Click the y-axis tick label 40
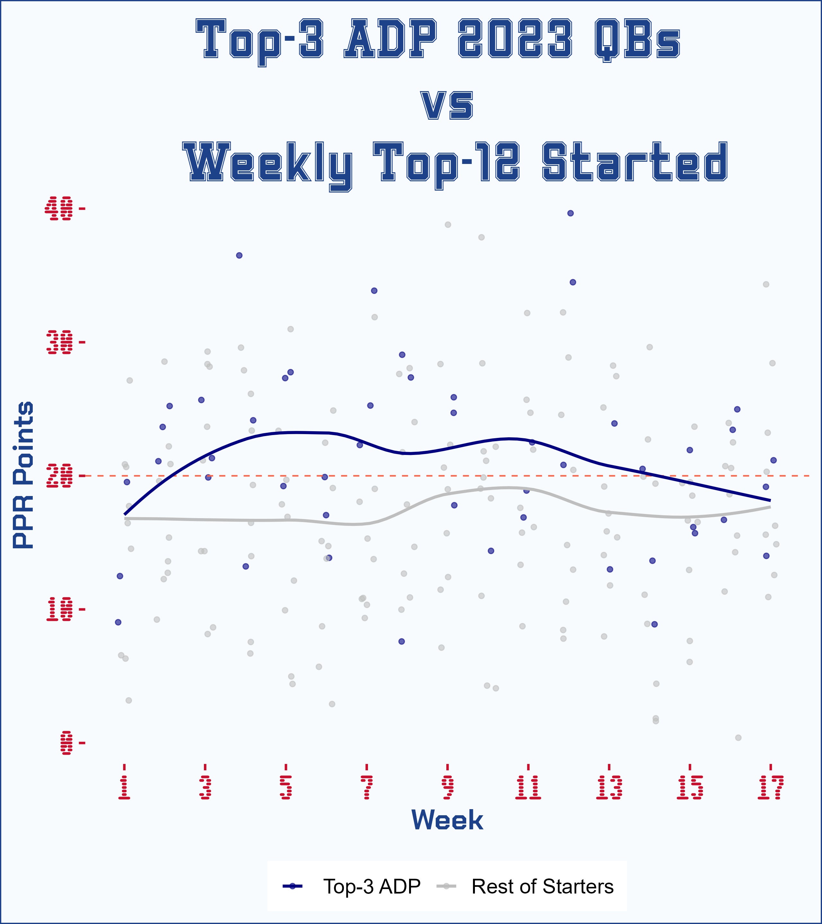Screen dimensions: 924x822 click(59, 209)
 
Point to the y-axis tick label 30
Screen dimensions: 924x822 click(59, 342)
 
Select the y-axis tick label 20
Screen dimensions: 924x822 click(59, 475)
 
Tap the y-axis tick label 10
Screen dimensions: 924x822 click(59, 609)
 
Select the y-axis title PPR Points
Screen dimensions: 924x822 click(22, 475)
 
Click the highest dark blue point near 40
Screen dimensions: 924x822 click(571, 213)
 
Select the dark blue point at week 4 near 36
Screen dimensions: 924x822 click(239, 255)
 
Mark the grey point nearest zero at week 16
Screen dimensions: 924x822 click(738, 738)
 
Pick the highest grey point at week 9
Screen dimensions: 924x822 click(448, 225)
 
